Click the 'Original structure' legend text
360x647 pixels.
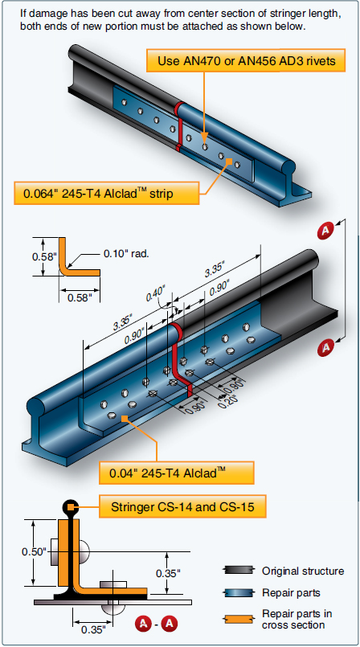[303, 571]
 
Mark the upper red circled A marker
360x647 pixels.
[326, 231]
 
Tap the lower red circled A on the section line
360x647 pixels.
[326, 347]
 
